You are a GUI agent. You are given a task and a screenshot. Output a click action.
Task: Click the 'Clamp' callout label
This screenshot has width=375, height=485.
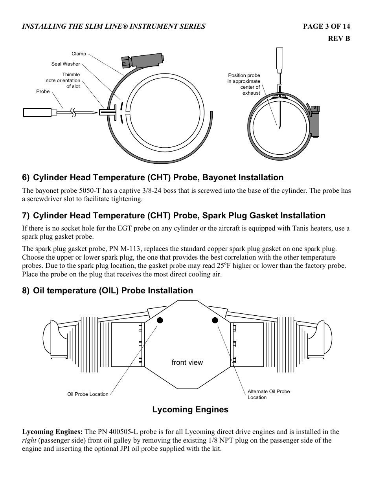point(79,54)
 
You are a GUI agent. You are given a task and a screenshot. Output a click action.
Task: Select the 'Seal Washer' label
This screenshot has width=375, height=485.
point(66,64)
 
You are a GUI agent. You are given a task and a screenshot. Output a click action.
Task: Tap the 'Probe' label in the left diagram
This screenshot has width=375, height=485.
point(43,92)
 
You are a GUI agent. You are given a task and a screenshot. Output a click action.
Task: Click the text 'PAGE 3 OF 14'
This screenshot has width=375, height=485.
point(326,26)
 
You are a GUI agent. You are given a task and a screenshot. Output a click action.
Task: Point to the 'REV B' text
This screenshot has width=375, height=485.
point(339,38)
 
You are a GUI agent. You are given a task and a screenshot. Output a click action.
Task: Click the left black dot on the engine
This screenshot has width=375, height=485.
point(160,320)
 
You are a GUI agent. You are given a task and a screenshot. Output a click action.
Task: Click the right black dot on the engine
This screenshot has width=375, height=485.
point(215,320)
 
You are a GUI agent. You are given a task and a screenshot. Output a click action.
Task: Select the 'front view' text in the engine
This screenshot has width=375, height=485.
point(187,362)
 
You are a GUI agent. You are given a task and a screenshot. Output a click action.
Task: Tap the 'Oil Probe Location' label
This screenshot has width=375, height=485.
point(88,394)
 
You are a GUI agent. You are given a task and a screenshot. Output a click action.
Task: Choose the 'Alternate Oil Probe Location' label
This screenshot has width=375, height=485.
point(268,394)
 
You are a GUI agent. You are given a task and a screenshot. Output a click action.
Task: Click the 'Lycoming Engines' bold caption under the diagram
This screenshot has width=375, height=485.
point(190,410)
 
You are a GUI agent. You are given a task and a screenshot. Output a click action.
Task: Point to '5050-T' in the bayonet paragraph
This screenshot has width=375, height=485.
point(89,190)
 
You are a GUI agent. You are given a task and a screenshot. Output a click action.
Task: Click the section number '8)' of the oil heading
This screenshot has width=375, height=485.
point(26,291)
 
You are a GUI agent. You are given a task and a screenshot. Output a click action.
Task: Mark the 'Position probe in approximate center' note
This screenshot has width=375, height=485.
point(244,84)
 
